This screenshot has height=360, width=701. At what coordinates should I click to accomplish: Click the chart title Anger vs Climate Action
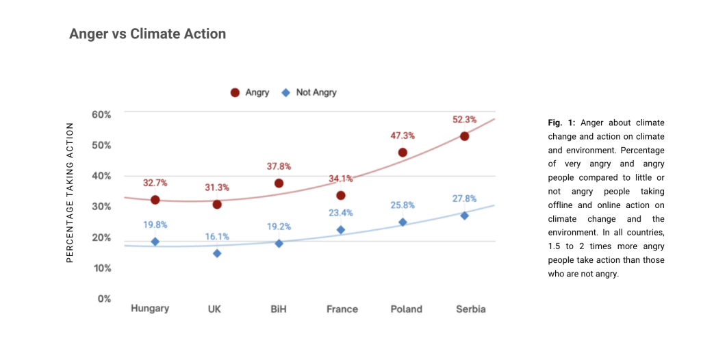[147, 34]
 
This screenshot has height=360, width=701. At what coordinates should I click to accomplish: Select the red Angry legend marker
[235, 92]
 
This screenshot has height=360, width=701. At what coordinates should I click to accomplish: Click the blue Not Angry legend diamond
[285, 92]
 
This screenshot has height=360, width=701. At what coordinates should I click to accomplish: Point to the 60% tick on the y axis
[102, 114]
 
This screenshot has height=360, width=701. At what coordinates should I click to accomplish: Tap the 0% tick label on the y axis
[105, 298]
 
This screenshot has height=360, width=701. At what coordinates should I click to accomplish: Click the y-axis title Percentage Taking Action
[70, 192]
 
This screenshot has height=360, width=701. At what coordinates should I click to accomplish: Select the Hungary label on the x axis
[150, 309]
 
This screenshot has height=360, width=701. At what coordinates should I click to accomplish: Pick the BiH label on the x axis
[279, 309]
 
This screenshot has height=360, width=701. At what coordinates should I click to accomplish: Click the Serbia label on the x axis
[470, 309]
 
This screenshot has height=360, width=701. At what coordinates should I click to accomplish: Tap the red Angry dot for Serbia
[464, 136]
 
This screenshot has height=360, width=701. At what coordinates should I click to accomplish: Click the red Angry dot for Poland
[403, 153]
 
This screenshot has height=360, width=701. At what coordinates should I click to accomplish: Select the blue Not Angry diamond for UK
[217, 253]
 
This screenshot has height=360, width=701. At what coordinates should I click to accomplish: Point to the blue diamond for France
[341, 230]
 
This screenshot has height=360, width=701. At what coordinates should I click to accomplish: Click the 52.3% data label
[464, 119]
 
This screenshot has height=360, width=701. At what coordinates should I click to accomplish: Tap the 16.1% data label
[217, 237]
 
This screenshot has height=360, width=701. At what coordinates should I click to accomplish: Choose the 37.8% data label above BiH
[279, 166]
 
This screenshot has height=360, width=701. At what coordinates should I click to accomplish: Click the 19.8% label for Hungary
[155, 224]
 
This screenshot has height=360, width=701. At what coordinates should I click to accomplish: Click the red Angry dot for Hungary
[155, 200]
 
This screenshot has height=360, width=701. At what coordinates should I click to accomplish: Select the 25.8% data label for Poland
[403, 205]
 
